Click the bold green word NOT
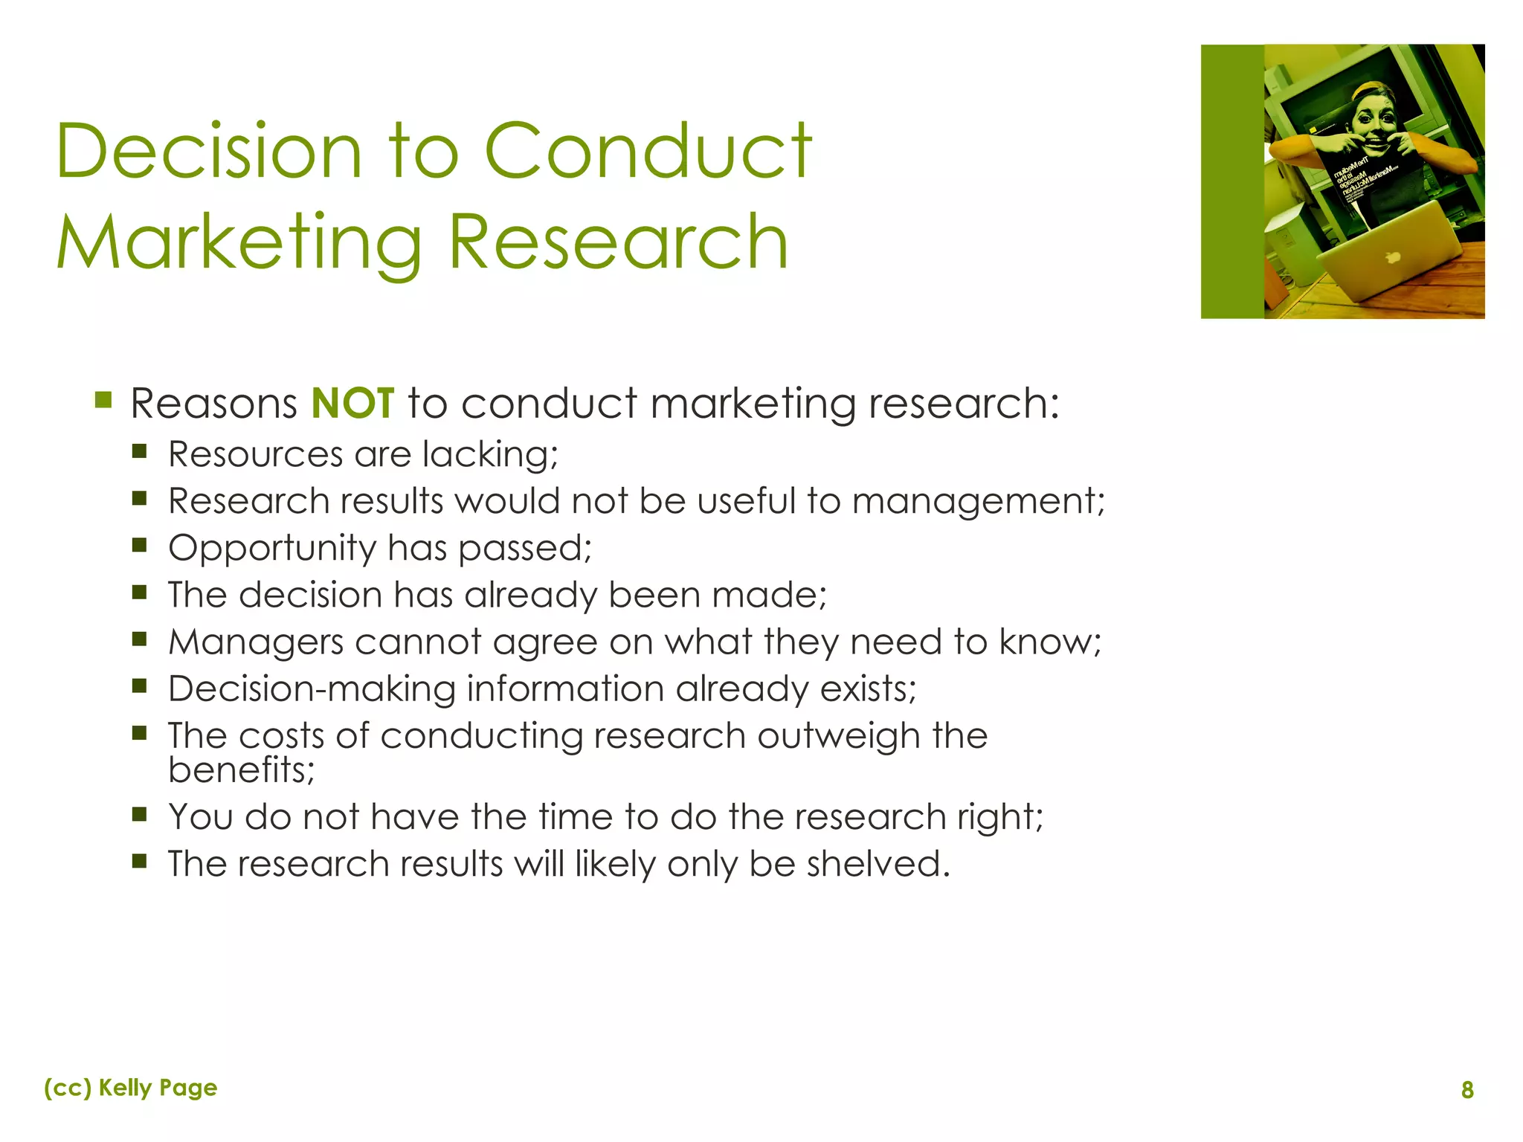click(x=352, y=403)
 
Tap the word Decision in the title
click(x=209, y=152)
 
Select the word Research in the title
click(x=618, y=242)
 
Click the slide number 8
click(x=1466, y=1090)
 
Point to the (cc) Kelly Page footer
click(x=131, y=1088)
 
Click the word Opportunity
click(x=272, y=549)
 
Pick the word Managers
click(x=256, y=642)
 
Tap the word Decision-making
click(x=312, y=689)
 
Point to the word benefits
click(x=241, y=770)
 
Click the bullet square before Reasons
click(x=103, y=401)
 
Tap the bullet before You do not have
click(x=139, y=814)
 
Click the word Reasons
click(x=213, y=404)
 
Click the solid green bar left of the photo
click(x=1231, y=181)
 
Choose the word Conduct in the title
click(x=648, y=152)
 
